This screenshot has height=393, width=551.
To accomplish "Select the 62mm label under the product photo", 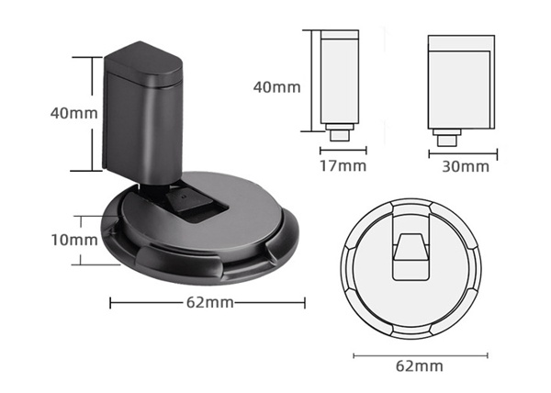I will click(207, 302).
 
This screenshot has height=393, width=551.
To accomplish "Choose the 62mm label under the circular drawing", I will click(419, 365).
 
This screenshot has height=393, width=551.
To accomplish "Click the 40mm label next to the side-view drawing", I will click(276, 87).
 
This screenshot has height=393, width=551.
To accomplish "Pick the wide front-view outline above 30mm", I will click(463, 83).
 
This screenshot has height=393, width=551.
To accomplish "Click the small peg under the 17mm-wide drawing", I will click(337, 134).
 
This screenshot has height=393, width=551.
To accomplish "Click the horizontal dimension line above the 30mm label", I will click(463, 153).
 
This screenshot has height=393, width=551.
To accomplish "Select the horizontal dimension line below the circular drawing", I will click(419, 354).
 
